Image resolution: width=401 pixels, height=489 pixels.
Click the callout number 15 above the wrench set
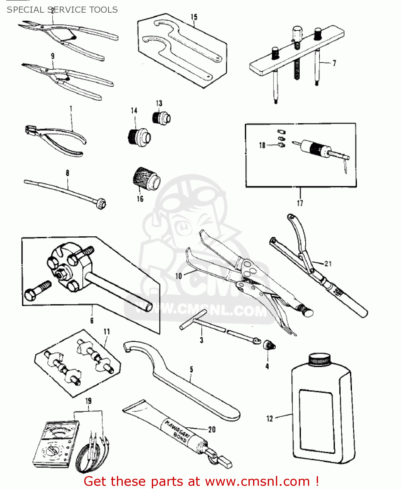coord(194,17)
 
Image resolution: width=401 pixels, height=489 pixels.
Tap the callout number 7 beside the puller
coord(334,63)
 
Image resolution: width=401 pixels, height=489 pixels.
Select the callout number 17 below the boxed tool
coord(300,203)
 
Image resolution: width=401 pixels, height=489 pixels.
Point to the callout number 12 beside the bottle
coord(270,419)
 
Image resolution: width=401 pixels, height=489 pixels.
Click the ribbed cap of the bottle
coord(319,360)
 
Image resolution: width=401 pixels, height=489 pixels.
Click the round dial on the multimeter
coord(52,451)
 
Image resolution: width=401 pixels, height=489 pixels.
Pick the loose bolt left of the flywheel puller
coord(38,290)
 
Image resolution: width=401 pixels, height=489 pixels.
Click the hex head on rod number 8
coord(101,204)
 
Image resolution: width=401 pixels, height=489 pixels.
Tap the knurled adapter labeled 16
coord(146,179)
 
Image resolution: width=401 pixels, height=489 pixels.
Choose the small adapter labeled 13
coord(161,117)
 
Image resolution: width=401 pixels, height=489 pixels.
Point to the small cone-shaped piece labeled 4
coord(269,344)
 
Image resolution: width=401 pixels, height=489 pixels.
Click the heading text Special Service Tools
coord(62,10)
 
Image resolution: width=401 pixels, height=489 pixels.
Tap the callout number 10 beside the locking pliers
coord(178,276)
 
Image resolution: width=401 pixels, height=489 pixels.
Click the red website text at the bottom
coord(201,481)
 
